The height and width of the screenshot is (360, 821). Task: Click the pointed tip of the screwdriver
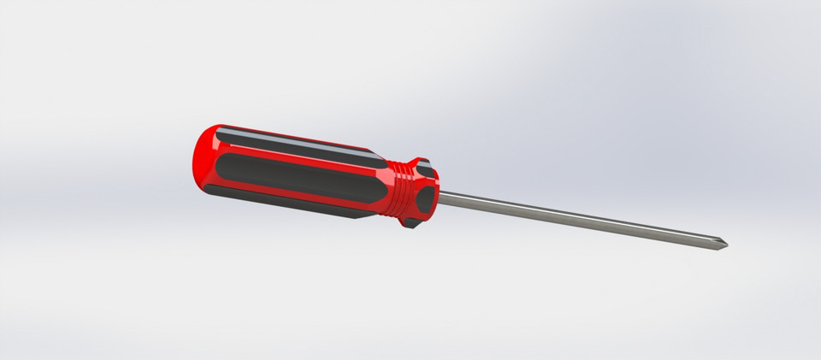point(727,247)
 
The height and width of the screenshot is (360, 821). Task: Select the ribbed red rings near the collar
point(395,190)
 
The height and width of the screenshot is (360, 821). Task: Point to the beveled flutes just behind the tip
point(712,243)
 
